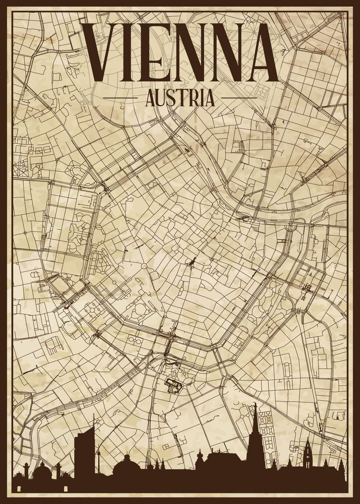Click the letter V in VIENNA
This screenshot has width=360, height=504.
(x=101, y=52)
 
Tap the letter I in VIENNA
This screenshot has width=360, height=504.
(x=128, y=52)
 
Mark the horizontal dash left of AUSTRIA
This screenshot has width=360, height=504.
(x=120, y=98)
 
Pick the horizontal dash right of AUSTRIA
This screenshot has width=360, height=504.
(x=239, y=98)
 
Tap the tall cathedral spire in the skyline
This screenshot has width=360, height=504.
(x=254, y=437)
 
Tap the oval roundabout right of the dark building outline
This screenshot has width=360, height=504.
(x=187, y=381)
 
